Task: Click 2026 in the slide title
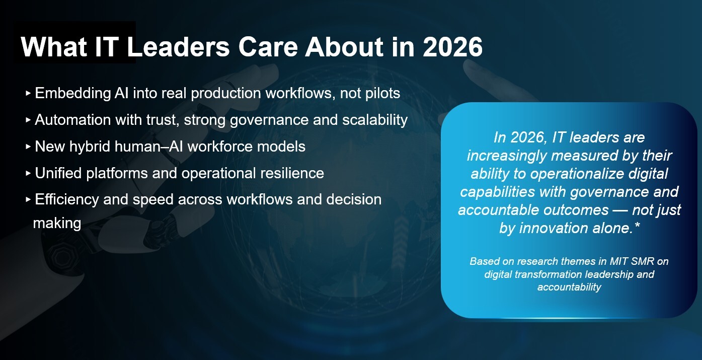pyautogui.click(x=452, y=47)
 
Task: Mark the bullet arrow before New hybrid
pyautogui.click(x=28, y=147)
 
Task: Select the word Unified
pyautogui.click(x=58, y=173)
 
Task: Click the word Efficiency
pyautogui.click(x=66, y=199)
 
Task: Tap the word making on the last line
pyautogui.click(x=57, y=223)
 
